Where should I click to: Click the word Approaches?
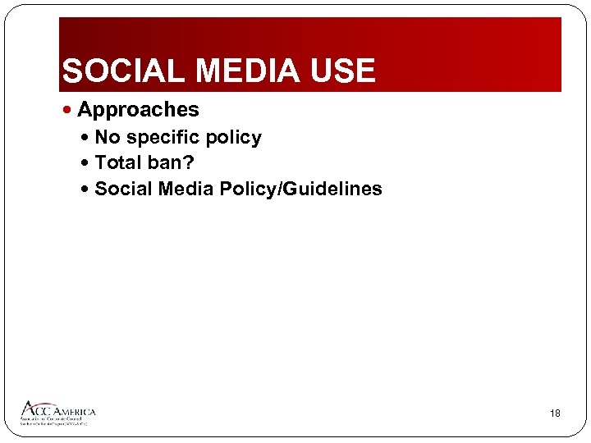(138, 110)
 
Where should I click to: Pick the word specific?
(163, 138)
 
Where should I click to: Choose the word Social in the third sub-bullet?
(123, 190)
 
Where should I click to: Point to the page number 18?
(555, 413)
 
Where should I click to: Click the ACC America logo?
(57, 413)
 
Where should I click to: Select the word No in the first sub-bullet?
(107, 138)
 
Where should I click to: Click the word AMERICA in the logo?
(75, 411)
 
